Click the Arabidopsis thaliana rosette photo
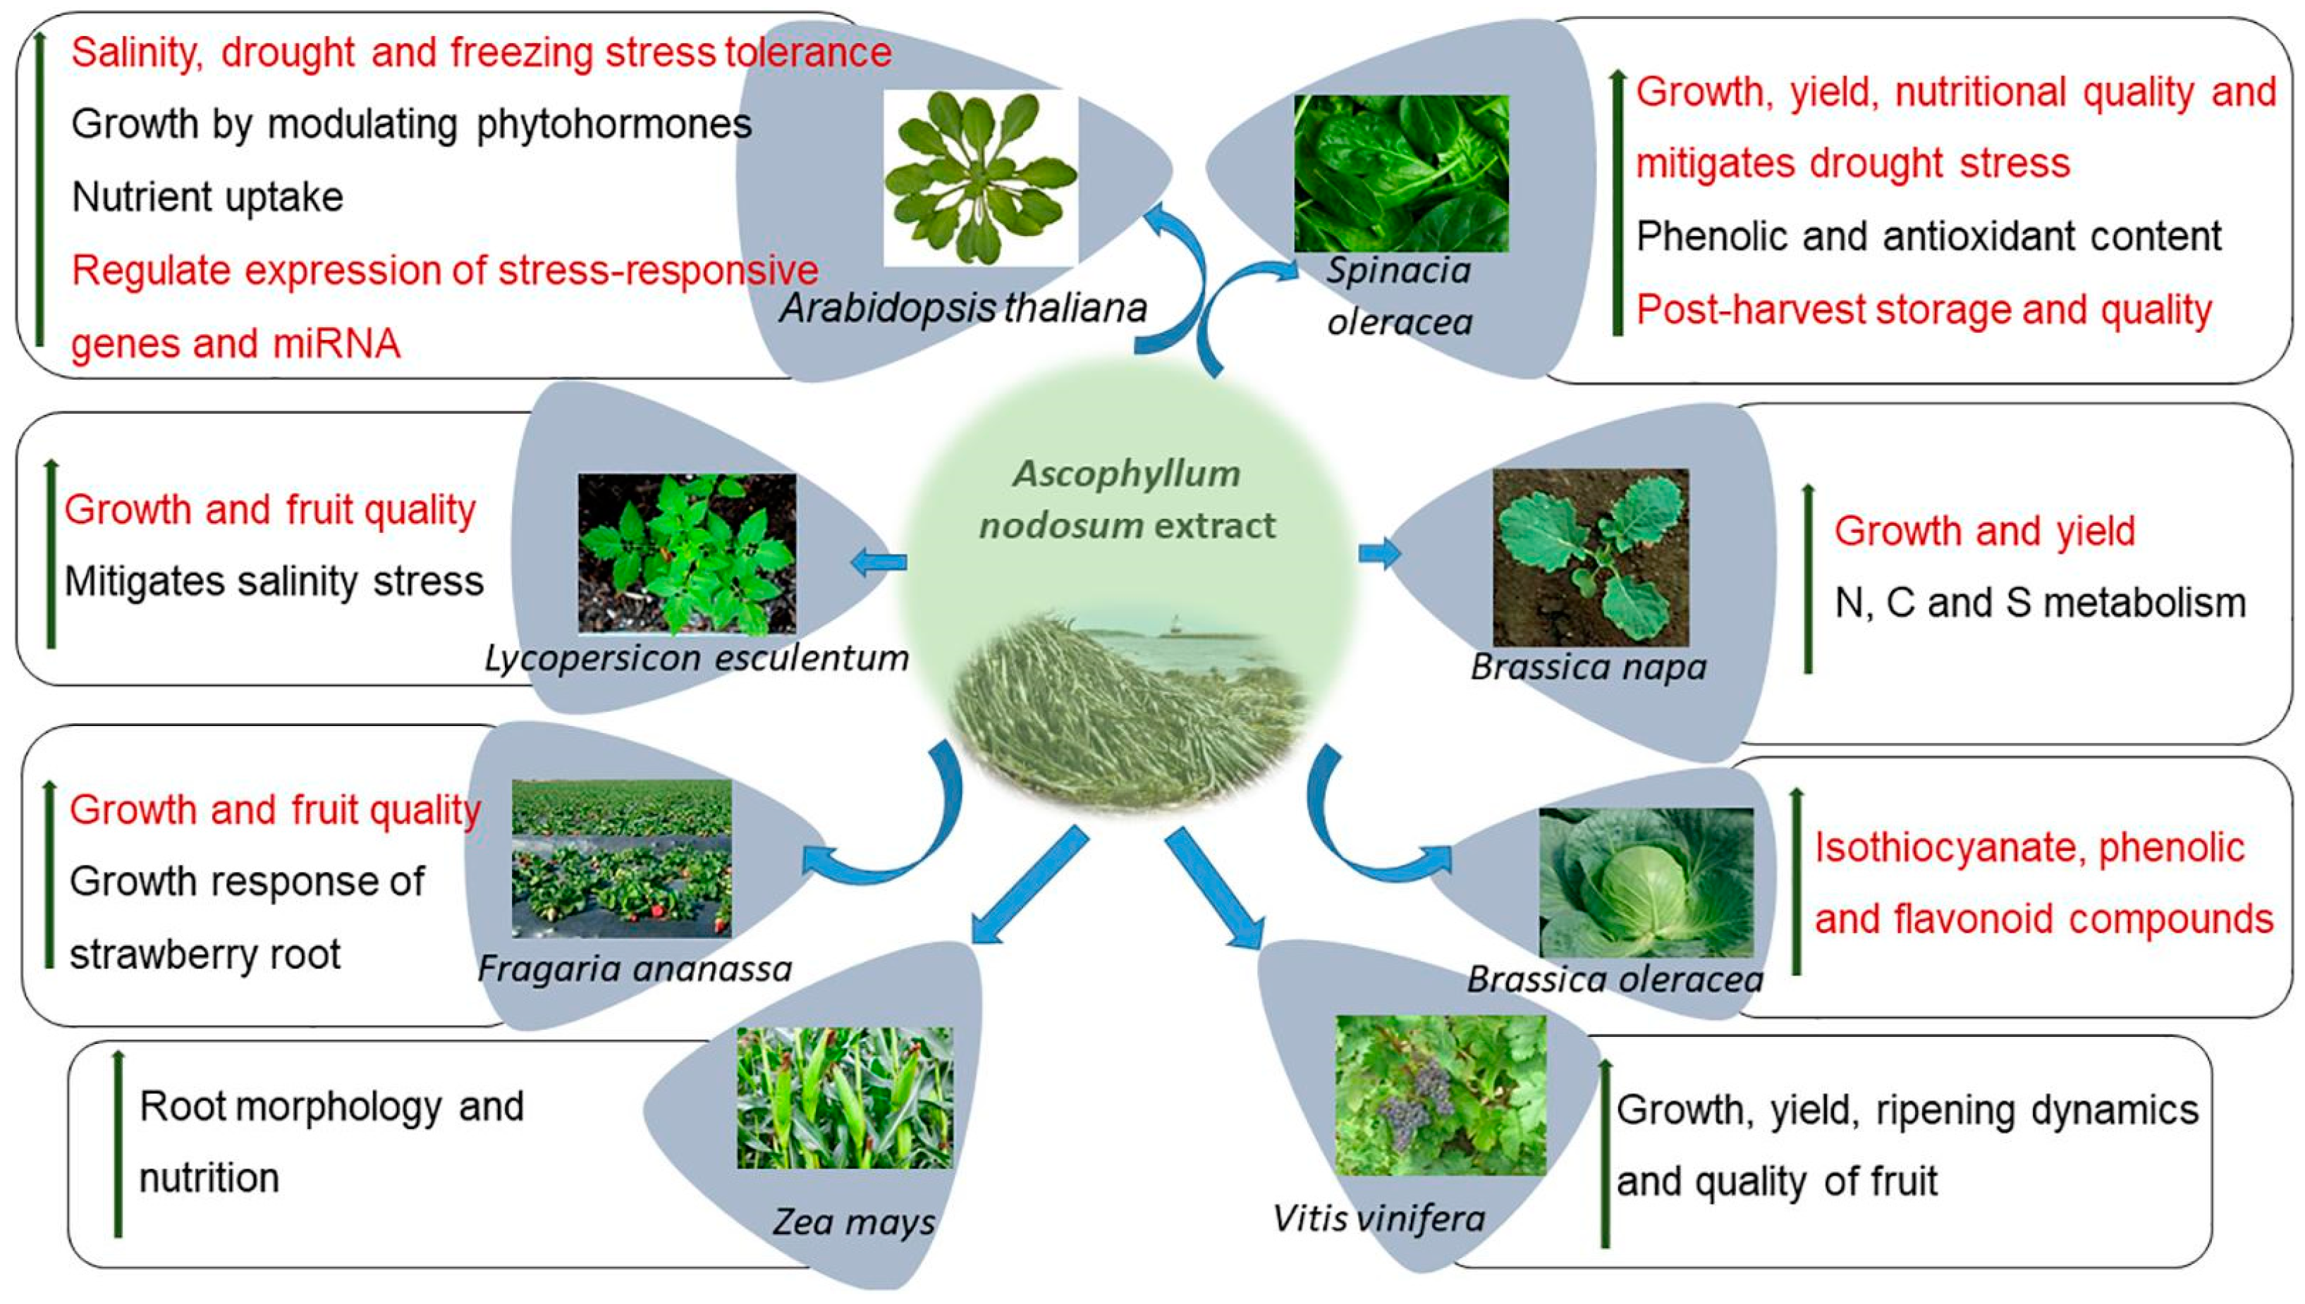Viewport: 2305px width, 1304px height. [x=981, y=178]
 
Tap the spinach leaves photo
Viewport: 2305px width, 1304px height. [x=1401, y=173]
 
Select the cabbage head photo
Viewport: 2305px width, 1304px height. [x=1646, y=882]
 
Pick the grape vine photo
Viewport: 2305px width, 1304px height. [x=1441, y=1095]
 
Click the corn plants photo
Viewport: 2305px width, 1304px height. [x=845, y=1097]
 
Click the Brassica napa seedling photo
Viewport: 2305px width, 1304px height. [x=1590, y=557]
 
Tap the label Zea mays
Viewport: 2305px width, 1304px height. [x=854, y=1222]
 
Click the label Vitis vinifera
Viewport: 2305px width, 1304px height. [x=1378, y=1218]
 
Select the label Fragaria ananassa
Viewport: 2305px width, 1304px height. [x=635, y=968]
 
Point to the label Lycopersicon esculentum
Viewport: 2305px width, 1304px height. [x=697, y=658]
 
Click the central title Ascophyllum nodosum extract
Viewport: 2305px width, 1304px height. [x=1127, y=500]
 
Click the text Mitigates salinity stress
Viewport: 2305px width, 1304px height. [x=274, y=582]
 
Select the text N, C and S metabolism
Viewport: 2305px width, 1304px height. [x=2040, y=603]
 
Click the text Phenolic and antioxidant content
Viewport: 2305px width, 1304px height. [x=1928, y=236]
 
